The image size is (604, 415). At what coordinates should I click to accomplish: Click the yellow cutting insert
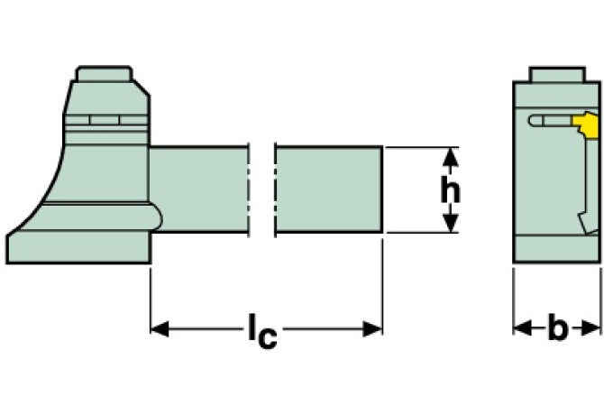coord(584,125)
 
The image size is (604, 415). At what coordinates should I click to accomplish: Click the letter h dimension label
coord(450,190)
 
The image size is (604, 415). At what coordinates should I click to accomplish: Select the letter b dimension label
coord(557,330)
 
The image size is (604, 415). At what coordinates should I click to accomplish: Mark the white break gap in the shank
coord(261,189)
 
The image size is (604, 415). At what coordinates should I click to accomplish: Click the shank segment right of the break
coord(328,189)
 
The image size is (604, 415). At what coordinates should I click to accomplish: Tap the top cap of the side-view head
coord(105,73)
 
